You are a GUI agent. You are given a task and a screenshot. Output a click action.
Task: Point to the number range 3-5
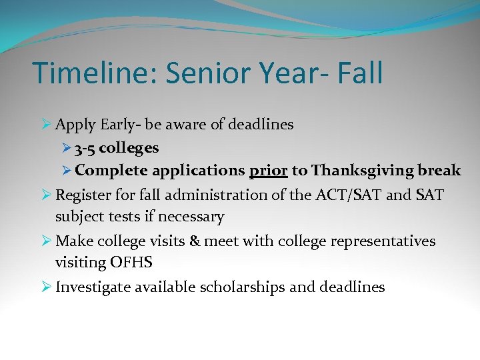point(84,147)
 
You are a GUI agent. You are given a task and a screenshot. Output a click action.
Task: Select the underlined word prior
point(268,171)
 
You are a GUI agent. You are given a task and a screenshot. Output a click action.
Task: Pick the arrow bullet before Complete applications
point(65,171)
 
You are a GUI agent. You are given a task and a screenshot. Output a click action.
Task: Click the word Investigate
point(93,287)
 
